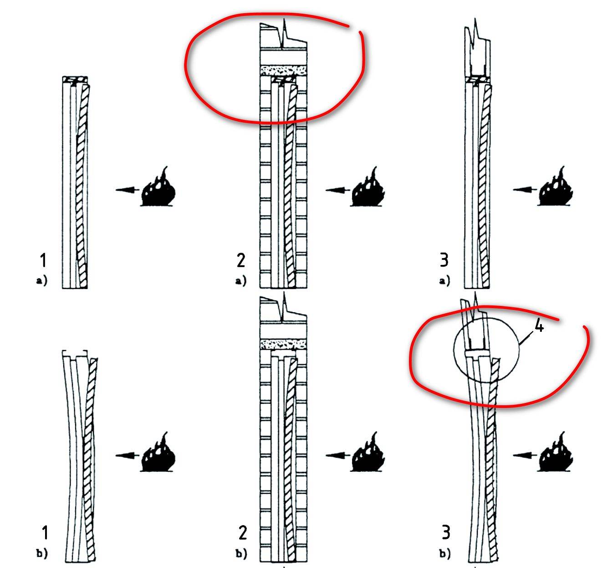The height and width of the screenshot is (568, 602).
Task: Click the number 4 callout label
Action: (x=540, y=326)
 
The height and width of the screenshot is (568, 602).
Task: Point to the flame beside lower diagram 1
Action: (x=158, y=452)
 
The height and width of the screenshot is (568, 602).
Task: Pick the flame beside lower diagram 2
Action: (x=367, y=452)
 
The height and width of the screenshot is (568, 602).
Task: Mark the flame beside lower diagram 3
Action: (x=555, y=452)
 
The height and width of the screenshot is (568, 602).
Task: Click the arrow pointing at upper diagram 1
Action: (x=128, y=190)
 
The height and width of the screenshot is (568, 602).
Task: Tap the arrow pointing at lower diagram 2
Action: (x=338, y=455)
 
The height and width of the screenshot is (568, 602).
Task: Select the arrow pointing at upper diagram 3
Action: (x=525, y=190)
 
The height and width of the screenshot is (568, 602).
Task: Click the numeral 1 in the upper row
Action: (x=43, y=260)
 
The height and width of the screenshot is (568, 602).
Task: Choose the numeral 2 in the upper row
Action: (x=241, y=260)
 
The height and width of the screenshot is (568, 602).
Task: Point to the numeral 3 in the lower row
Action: (x=446, y=532)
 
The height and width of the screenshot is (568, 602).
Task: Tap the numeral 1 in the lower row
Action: (x=45, y=533)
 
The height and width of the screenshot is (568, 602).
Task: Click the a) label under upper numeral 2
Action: (x=241, y=281)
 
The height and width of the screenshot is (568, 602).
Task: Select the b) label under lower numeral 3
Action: (x=445, y=553)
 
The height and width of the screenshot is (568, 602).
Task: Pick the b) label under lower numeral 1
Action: (x=42, y=553)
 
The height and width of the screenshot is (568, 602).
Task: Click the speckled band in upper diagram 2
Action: (x=283, y=71)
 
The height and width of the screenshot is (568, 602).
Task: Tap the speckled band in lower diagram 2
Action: (x=283, y=345)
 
